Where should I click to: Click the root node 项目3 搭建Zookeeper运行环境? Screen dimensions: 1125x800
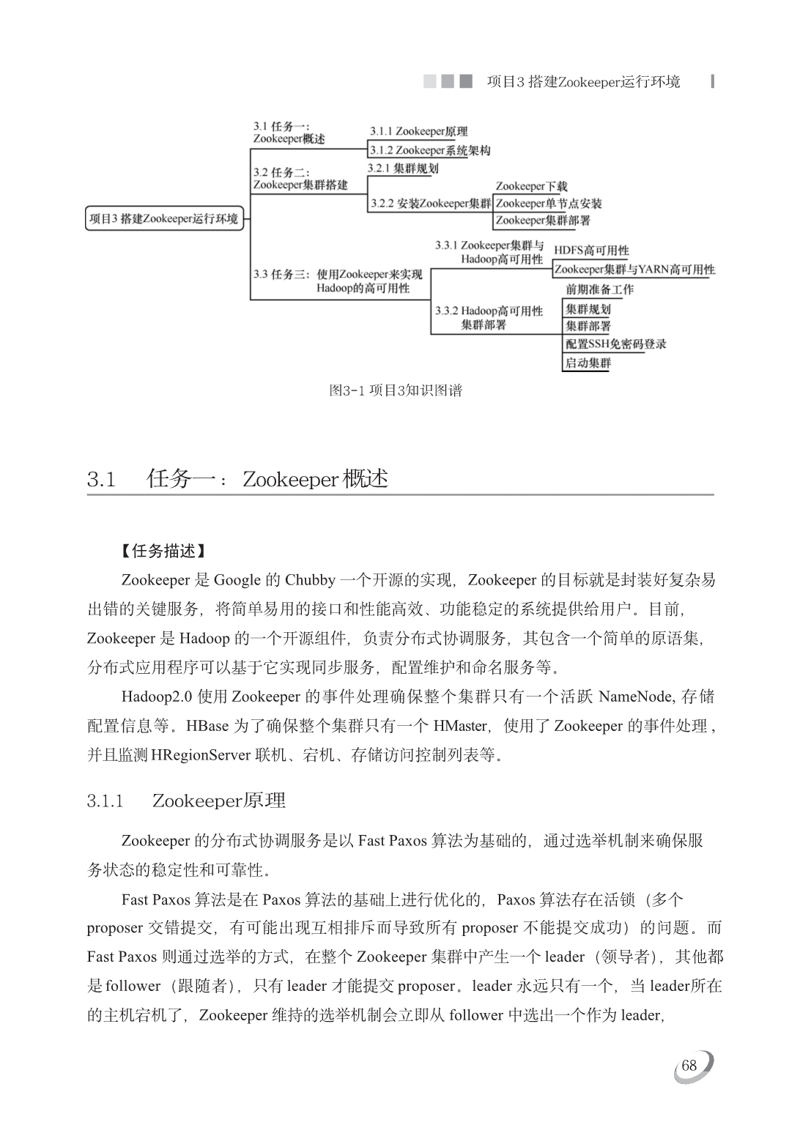164,218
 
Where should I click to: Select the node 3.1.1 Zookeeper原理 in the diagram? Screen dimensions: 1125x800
418,132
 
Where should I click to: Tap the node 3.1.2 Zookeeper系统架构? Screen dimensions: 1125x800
429,150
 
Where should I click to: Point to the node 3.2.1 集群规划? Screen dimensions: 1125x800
403,168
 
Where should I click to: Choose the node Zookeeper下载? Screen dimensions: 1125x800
531,187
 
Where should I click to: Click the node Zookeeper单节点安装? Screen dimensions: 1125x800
549,204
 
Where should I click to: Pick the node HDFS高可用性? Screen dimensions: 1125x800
591,250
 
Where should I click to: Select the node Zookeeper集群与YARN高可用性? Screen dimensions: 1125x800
634,269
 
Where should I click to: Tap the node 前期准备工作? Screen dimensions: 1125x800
599,289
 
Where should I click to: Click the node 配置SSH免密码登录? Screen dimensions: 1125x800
615,344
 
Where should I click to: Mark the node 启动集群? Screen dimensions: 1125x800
588,363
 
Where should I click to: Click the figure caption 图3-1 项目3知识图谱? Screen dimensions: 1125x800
396,390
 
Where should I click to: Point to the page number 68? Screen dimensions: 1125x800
689,1066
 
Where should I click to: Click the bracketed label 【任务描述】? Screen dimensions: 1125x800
163,551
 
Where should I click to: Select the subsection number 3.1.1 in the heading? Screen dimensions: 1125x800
105,801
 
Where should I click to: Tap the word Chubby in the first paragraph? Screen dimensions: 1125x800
310,580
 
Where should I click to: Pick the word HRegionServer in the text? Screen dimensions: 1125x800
201,754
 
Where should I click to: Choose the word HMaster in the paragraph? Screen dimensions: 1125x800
460,726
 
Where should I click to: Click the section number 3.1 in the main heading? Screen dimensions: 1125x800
102,480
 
